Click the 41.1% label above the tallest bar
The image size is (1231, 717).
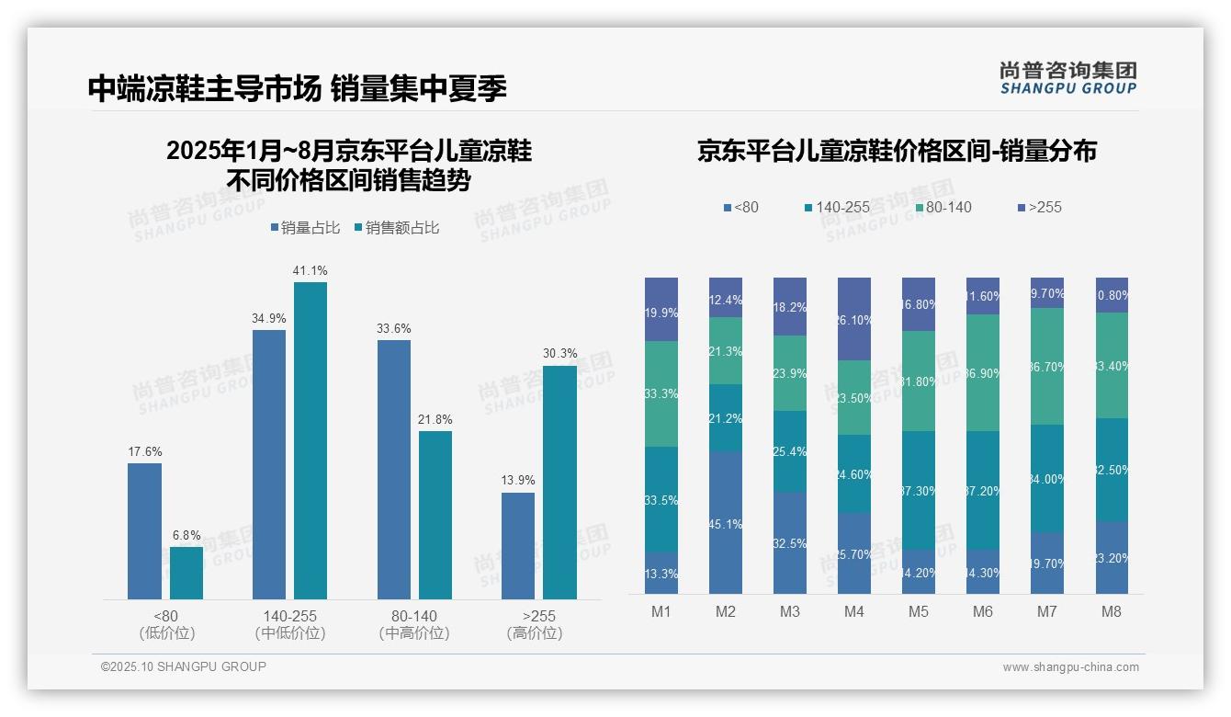pos(310,270)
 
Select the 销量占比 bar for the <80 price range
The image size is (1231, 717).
pos(144,530)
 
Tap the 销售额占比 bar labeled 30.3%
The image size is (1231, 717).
pos(559,482)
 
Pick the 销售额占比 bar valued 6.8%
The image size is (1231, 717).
pos(186,573)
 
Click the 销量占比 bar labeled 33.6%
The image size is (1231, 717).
pos(394,469)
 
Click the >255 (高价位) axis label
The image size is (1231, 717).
pos(534,624)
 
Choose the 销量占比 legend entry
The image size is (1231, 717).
pos(305,228)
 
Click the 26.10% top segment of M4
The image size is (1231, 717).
pos(854,319)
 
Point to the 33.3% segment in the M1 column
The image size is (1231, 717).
pos(661,393)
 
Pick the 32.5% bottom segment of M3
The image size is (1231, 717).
pos(790,542)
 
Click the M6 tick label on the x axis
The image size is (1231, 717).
pos(982,611)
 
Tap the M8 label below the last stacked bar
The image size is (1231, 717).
pos(1112,611)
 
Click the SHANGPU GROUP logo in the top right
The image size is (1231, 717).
pos(1067,78)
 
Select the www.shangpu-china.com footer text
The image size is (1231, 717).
pos(1070,667)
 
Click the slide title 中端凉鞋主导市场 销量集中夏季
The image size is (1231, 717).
pos(297,88)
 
